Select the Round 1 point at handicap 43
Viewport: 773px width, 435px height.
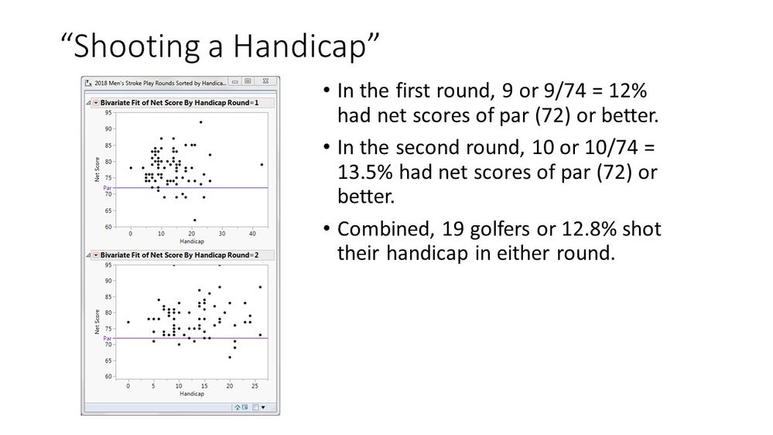pos(262,164)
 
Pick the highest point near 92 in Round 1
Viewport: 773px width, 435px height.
pos(200,122)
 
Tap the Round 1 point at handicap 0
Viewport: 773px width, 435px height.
pos(131,167)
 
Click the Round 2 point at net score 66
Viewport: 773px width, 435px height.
pos(230,357)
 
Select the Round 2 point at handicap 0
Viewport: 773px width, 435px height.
pos(128,322)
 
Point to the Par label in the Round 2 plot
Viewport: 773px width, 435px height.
pos(108,338)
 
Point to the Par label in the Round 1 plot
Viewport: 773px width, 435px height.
pos(108,187)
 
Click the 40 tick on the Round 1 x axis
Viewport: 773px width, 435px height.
pos(252,233)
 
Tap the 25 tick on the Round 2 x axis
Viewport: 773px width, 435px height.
pos(255,385)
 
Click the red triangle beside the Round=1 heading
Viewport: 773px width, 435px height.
pos(96,102)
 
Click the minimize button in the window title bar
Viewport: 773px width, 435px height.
pos(235,80)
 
